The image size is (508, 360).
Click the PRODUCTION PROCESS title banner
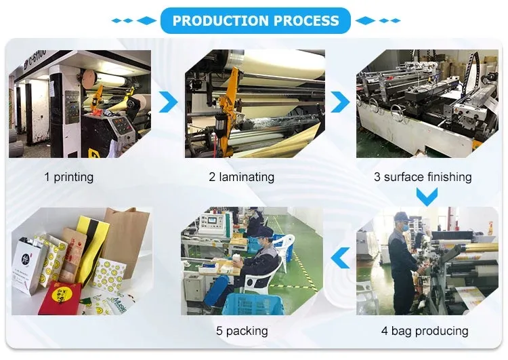(x=255, y=20)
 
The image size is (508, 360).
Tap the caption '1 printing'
(x=69, y=177)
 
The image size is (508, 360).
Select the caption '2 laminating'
(x=241, y=177)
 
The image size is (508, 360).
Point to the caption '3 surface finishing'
(x=423, y=177)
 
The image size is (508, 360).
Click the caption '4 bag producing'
(x=424, y=331)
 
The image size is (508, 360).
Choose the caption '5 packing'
(x=242, y=331)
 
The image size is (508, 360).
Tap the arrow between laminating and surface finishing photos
(x=340, y=102)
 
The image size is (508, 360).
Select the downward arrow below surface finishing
(x=426, y=197)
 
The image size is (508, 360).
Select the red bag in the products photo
(x=60, y=298)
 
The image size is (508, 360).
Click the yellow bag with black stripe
(x=93, y=244)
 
